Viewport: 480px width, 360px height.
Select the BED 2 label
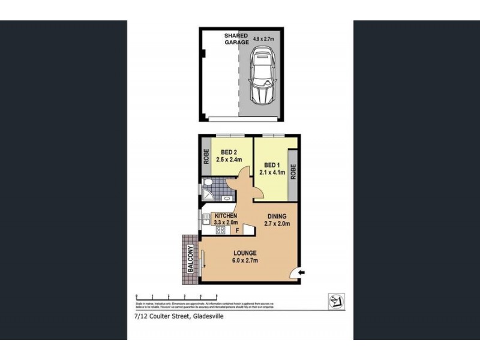coord(229,152)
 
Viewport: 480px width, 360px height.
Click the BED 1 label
coord(272,165)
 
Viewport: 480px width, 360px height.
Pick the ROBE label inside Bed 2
coord(205,157)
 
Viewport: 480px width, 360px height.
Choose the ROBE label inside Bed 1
coord(293,172)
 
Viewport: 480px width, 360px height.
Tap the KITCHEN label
coord(225,216)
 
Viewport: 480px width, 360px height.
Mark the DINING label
coord(277,216)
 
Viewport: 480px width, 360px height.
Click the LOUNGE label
coord(246,253)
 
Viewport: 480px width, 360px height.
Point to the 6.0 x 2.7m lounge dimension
coord(246,260)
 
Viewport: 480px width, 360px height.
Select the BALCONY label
coord(190,260)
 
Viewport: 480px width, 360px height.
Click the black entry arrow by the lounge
coord(301,272)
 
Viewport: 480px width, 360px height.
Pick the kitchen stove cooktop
coord(220,229)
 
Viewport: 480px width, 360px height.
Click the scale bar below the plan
coord(176,296)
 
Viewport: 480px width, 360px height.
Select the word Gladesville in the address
coord(207,317)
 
